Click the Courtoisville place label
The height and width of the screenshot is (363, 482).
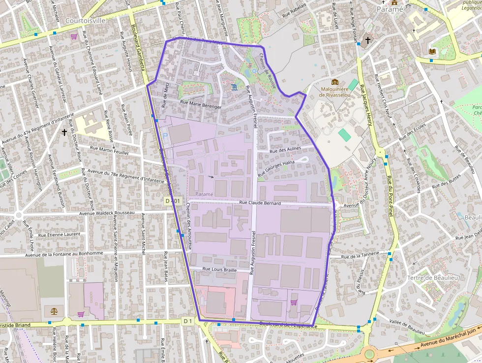point(85,21)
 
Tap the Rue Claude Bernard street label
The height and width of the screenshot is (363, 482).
point(260,203)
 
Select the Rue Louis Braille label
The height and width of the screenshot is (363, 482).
point(220,270)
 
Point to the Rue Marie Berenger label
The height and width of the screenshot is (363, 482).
point(201,104)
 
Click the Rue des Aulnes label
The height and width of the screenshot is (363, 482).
point(285,149)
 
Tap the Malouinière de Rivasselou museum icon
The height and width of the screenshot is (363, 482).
point(335,82)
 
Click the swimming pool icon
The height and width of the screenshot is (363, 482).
point(235,87)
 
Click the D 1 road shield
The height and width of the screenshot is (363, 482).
point(187,321)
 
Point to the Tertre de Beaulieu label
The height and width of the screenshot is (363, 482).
point(433,278)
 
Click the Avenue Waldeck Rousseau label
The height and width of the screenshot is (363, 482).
point(107,213)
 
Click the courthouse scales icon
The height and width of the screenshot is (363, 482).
point(54,311)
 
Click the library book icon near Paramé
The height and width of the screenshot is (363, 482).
point(432,51)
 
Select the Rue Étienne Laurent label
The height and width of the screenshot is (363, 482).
point(59,234)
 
